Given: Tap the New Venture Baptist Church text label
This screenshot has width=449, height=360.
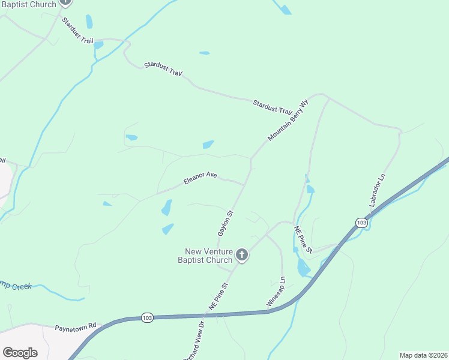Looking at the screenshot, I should [205, 256].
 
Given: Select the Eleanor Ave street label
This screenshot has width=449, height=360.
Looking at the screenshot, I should [200, 178].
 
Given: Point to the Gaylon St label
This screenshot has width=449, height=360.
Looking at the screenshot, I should [224, 223].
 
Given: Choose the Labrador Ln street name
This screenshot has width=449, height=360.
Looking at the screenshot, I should [377, 190].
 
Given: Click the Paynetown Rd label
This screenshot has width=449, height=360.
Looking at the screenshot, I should [76, 327].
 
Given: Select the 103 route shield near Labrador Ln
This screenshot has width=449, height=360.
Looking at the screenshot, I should [361, 223].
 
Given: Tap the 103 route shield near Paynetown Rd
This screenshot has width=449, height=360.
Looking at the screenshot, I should [147, 317].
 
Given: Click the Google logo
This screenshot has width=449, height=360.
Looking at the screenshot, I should [20, 353].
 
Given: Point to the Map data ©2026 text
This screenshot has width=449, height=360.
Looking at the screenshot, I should [423, 355].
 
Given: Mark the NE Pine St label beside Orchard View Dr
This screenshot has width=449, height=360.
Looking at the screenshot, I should [219, 296].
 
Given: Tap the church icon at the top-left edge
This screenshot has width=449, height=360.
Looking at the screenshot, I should [65, 2].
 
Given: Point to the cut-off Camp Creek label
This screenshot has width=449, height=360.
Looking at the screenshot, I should [16, 286].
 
